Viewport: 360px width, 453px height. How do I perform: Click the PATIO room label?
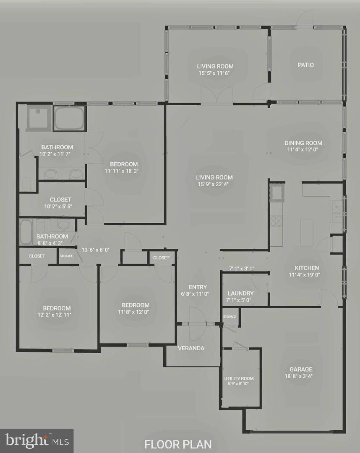[306, 65]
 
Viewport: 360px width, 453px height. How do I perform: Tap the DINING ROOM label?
[303, 143]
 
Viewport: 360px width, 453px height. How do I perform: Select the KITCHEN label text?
[307, 268]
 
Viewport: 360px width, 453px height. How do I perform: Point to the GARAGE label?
[301, 369]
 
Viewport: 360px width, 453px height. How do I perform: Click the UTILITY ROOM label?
[239, 378]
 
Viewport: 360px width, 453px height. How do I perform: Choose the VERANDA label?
[191, 348]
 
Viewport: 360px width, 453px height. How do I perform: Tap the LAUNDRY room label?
[240, 293]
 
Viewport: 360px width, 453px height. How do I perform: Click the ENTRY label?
[198, 287]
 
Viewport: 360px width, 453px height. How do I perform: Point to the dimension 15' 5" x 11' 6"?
[214, 73]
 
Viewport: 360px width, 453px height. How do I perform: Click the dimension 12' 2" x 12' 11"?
[54, 315]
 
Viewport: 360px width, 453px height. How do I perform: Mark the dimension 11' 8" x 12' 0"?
[133, 312]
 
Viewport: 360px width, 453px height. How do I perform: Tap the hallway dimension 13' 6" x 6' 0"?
[96, 250]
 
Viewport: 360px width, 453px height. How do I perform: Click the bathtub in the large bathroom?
[70, 118]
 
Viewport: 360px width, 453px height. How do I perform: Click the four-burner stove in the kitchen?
[276, 221]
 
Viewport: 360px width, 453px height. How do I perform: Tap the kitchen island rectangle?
[307, 232]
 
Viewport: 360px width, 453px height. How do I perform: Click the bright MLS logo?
[37, 440]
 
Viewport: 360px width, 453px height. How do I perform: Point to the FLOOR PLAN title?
[178, 444]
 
